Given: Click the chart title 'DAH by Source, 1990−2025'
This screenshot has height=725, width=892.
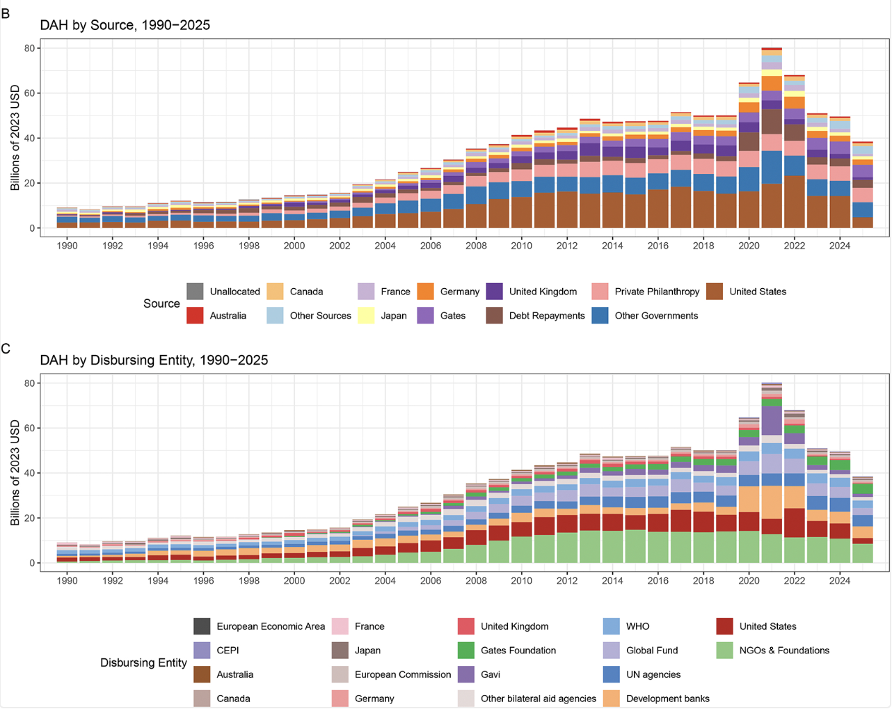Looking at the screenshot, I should (x=125, y=25).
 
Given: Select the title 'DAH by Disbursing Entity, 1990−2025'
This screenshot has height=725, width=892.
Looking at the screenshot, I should (x=154, y=360).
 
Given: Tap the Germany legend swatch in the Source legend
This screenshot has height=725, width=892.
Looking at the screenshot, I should (x=426, y=292).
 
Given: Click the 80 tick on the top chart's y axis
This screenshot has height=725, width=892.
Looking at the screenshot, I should (x=29, y=48).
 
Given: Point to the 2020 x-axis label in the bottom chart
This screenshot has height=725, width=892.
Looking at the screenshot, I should (x=749, y=580).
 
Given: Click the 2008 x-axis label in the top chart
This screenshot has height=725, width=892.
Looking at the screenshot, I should (x=476, y=246).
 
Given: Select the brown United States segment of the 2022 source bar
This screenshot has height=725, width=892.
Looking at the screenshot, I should (x=795, y=202).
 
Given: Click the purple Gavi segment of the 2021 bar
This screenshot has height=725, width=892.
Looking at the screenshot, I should (x=772, y=420).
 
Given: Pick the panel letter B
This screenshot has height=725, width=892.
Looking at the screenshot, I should (x=6, y=13).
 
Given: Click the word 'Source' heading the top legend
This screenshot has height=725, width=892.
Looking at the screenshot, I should (x=161, y=303).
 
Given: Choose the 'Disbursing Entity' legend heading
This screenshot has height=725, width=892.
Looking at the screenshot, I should (x=143, y=662).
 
